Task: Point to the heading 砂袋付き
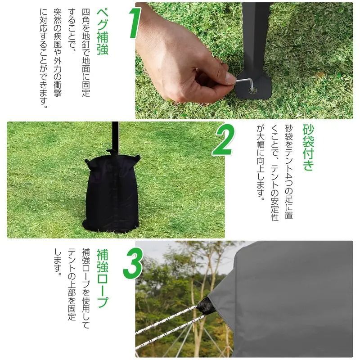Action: pos(308,148)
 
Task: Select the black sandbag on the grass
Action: pos(111,193)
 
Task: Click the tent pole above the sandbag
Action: pos(115,135)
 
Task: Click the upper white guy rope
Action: pos(166,320)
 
